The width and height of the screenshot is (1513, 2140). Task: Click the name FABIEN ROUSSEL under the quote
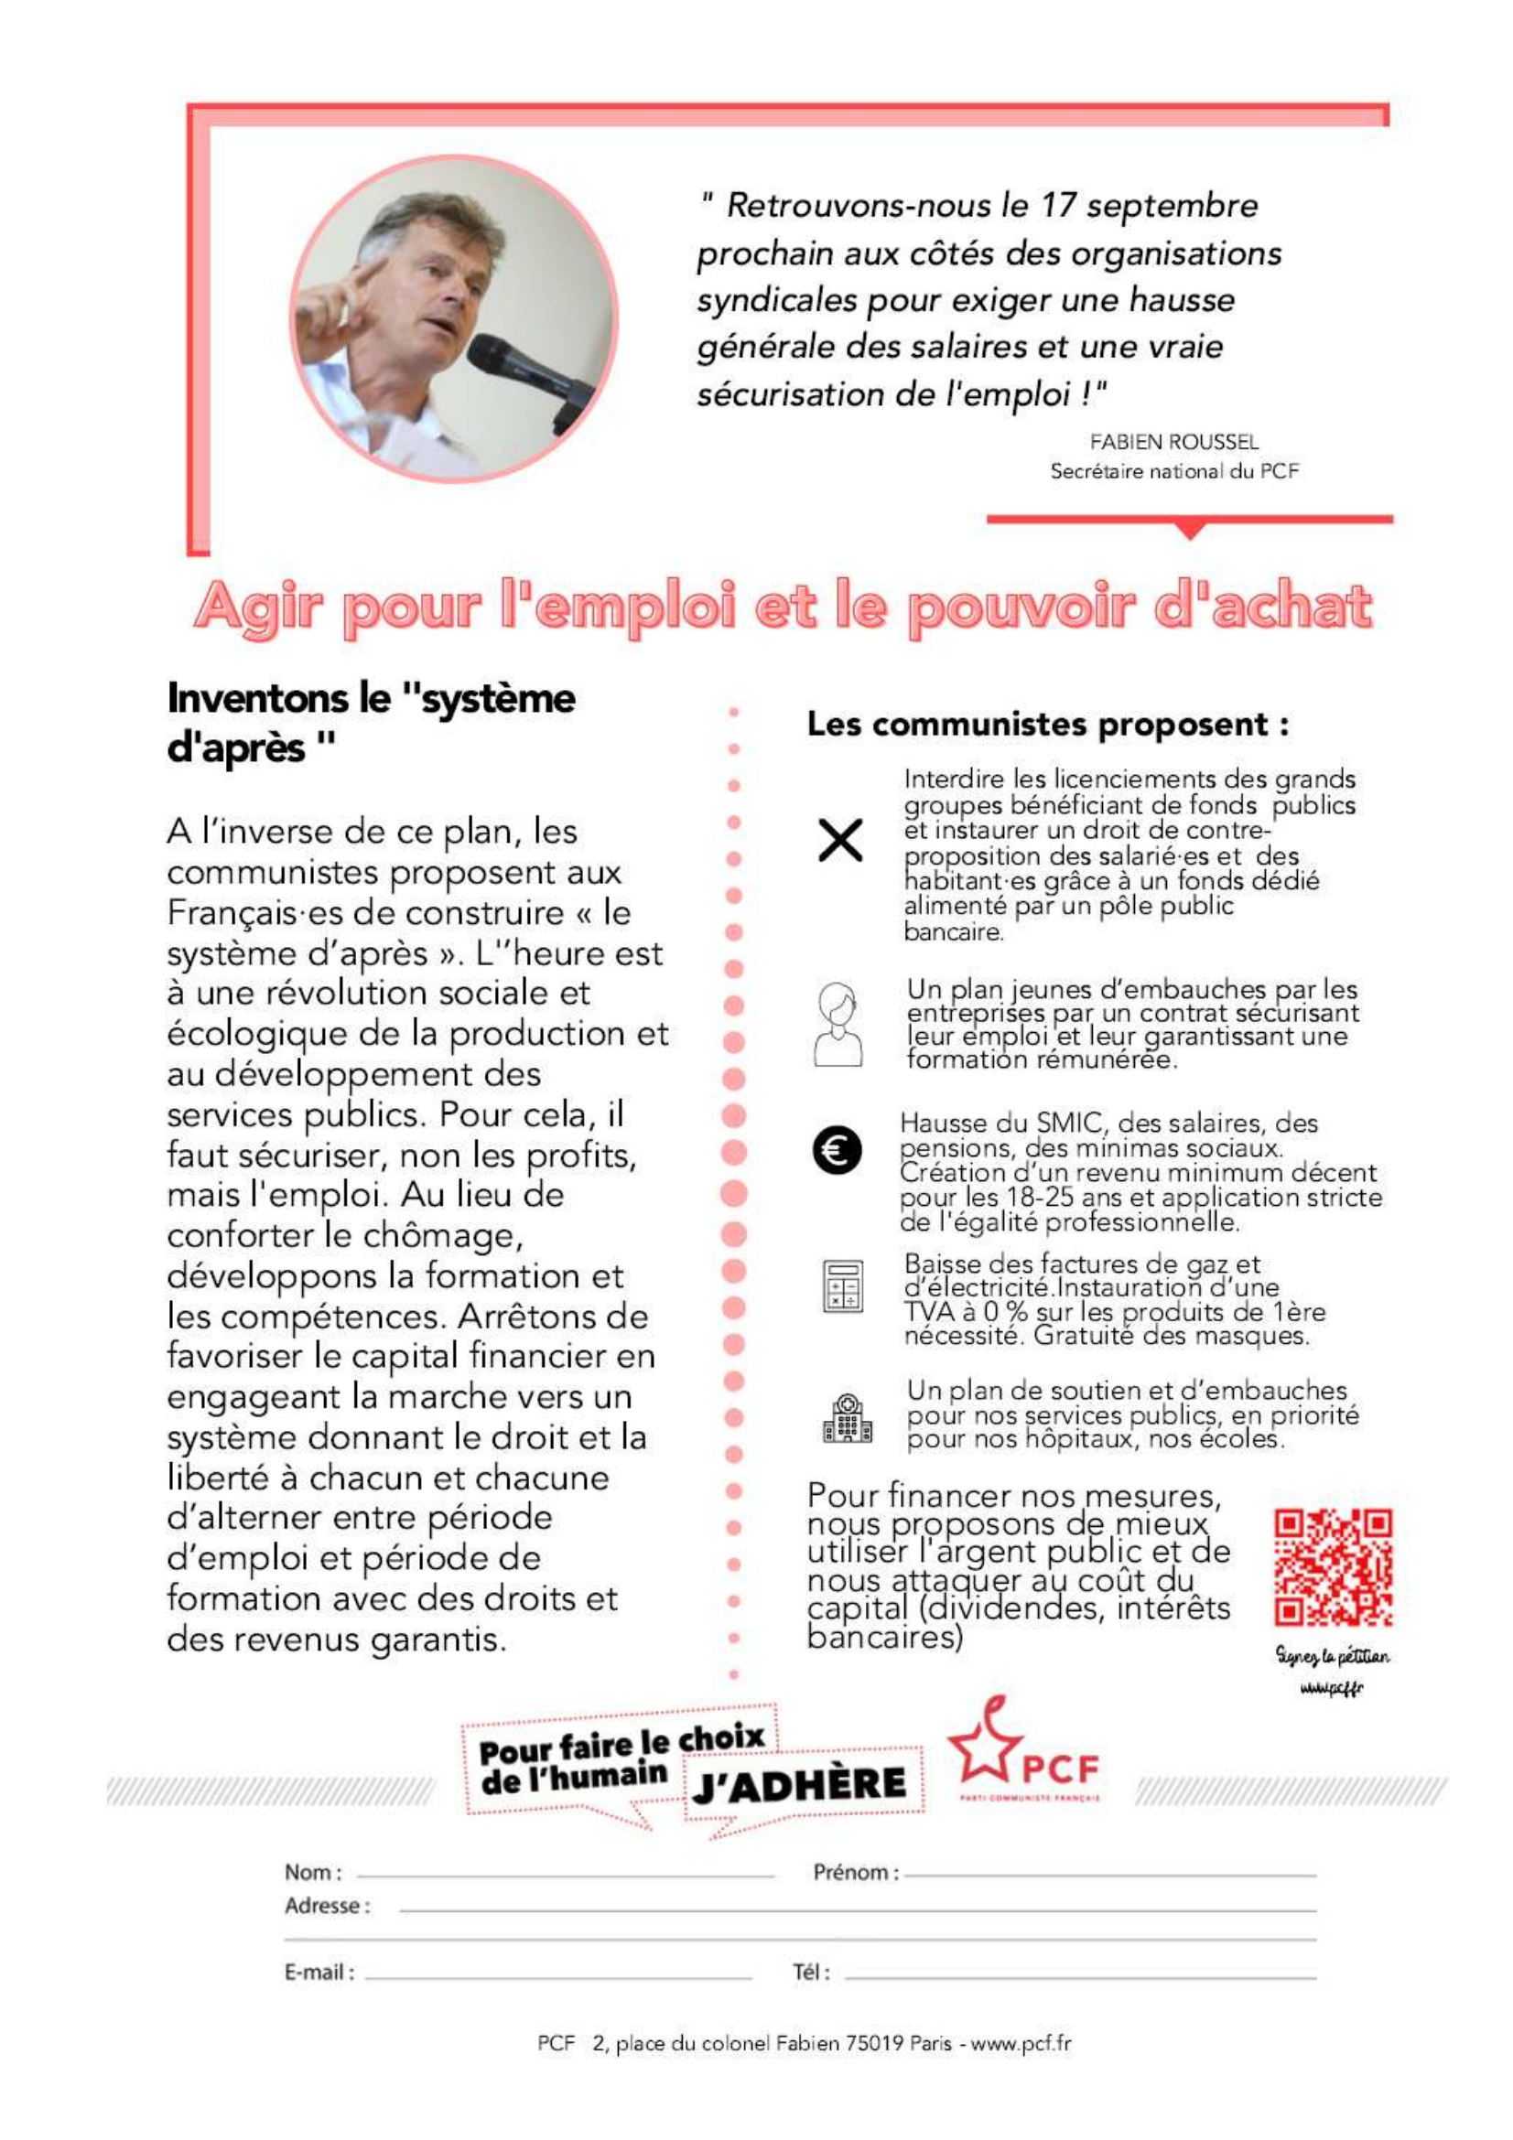pos(1173,442)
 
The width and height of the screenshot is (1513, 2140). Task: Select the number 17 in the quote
pos(1058,205)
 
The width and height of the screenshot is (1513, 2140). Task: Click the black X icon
pos(839,841)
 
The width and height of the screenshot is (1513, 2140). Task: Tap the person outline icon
pos(838,1025)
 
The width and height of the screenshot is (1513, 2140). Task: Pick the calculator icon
pos(842,1286)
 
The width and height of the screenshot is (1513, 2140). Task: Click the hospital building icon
pos(847,1419)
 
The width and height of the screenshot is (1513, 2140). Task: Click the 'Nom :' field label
pos(313,1873)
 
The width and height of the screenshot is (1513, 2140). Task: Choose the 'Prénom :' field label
pos(855,1873)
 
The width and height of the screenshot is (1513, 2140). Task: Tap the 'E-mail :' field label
pos(319,1973)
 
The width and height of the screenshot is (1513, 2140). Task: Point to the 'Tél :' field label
pos(811,1973)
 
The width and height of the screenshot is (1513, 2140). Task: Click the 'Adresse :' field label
pos(327,1906)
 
